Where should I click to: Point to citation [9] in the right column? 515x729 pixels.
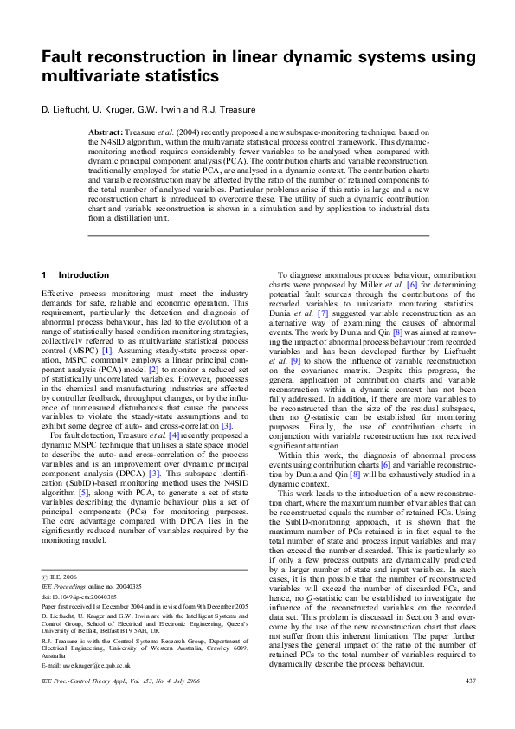296,359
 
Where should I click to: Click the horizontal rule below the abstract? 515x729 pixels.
258,235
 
